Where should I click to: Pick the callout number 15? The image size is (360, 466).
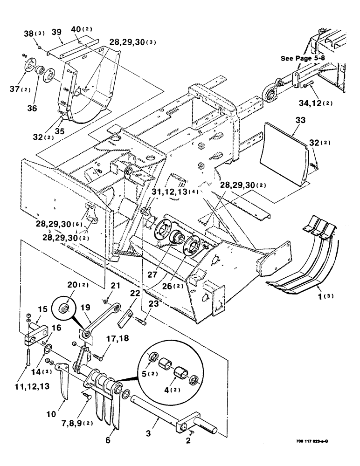pos(42,309)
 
